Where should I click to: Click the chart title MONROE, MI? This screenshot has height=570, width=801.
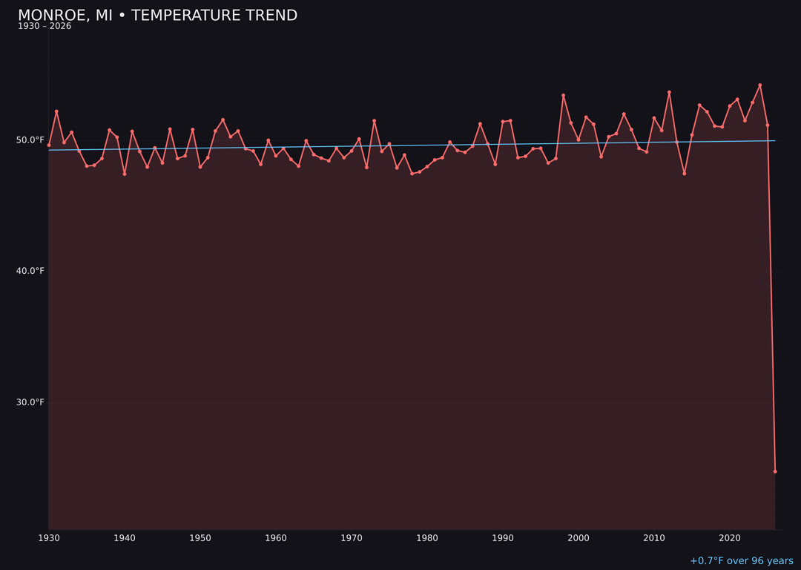(x=157, y=16)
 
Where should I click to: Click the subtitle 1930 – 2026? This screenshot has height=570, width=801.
(x=44, y=27)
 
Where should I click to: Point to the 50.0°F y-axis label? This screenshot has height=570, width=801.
(x=30, y=140)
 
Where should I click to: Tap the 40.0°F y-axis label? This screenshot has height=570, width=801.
(x=30, y=271)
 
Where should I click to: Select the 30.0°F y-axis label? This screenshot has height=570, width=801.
(x=30, y=402)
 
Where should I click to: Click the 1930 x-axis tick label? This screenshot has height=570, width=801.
(x=49, y=538)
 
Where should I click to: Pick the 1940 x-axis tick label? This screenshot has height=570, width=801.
(x=125, y=538)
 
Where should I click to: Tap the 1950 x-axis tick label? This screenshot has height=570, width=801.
(x=200, y=538)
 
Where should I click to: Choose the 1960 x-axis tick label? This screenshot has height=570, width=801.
(x=276, y=538)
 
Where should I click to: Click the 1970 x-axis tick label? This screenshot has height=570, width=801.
(x=352, y=538)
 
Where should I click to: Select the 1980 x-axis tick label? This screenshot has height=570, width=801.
(x=427, y=538)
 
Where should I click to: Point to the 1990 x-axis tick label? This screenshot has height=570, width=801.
(x=503, y=538)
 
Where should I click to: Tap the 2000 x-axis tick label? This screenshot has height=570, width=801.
(x=578, y=538)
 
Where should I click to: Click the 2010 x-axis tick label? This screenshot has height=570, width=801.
(x=654, y=538)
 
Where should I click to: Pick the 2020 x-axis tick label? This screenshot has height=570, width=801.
(x=730, y=538)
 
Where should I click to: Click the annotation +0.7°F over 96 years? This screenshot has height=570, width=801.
(x=741, y=561)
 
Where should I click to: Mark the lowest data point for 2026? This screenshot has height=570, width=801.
(x=775, y=471)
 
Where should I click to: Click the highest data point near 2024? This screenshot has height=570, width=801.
(x=759, y=85)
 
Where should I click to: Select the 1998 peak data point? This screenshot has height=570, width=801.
(x=563, y=95)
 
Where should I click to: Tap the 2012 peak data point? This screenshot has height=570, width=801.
(x=669, y=92)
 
